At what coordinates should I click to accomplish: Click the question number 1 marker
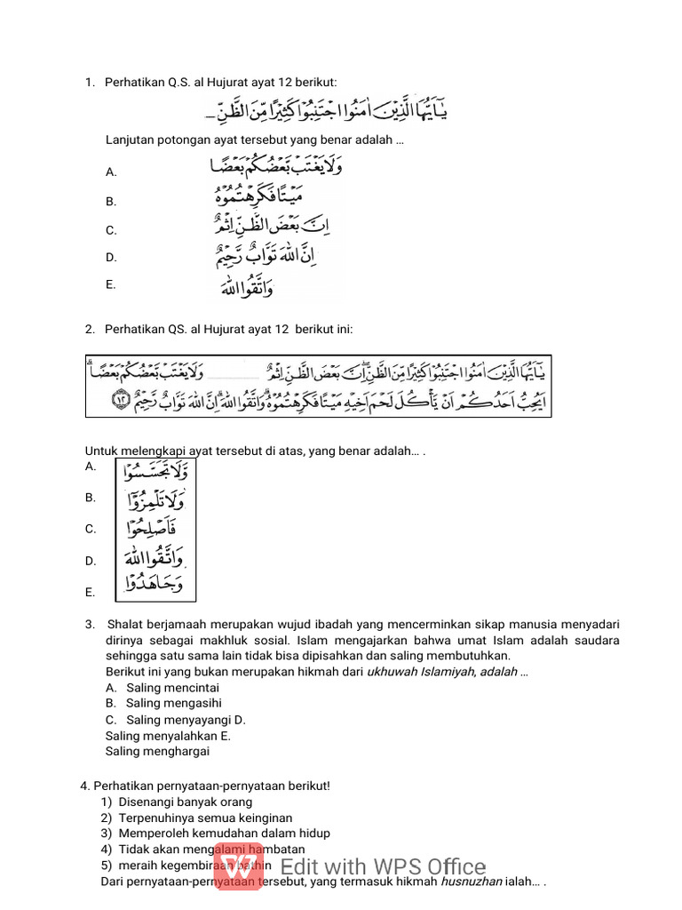[x=90, y=83]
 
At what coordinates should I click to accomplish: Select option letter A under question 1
[x=111, y=172]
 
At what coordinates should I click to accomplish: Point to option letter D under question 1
[x=111, y=258]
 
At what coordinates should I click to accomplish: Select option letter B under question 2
[x=91, y=498]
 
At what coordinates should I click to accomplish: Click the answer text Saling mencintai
[x=172, y=688]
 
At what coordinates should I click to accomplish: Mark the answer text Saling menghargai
[x=157, y=751]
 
